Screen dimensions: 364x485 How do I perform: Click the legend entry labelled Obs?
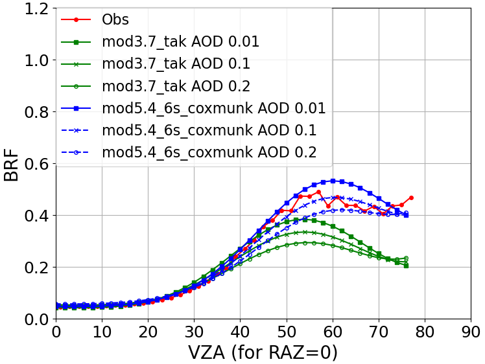(115, 19)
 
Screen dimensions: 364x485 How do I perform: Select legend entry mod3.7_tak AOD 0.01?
(180, 42)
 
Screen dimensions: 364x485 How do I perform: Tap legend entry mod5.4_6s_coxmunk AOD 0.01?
(213, 108)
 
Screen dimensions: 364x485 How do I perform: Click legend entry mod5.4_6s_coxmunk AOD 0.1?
(209, 130)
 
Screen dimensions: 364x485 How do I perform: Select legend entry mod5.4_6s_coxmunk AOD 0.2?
(209, 152)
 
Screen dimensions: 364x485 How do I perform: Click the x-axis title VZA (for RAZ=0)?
(263, 352)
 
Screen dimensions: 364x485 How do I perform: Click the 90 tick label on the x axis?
(470, 332)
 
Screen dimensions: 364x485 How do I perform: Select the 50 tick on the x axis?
(286, 332)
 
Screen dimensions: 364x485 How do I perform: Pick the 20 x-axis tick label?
(148, 332)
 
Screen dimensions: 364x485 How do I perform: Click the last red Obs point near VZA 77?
(411, 198)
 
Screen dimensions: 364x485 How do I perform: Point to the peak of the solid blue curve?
(333, 181)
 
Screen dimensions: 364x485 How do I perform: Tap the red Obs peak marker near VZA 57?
(318, 192)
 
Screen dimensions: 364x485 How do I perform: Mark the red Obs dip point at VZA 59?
(328, 206)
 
